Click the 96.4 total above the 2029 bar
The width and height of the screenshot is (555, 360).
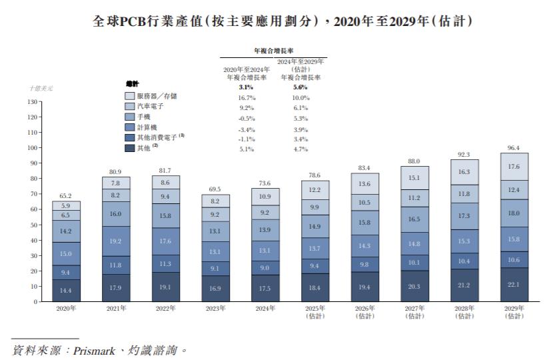click(514, 147)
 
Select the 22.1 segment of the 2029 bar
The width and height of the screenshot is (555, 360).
click(514, 285)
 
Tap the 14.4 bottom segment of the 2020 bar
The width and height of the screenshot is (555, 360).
click(67, 291)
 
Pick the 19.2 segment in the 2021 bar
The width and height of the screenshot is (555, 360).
click(116, 241)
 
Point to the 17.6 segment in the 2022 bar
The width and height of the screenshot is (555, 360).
click(166, 241)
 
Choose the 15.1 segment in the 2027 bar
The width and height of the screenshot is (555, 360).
click(414, 177)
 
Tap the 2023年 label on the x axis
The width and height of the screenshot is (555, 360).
click(216, 309)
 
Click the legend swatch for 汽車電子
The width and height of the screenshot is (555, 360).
click(129, 106)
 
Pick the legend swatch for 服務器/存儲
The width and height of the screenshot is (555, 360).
click(129, 96)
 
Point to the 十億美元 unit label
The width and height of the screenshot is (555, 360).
click(41, 88)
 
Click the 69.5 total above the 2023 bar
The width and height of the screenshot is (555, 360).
click(216, 189)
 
